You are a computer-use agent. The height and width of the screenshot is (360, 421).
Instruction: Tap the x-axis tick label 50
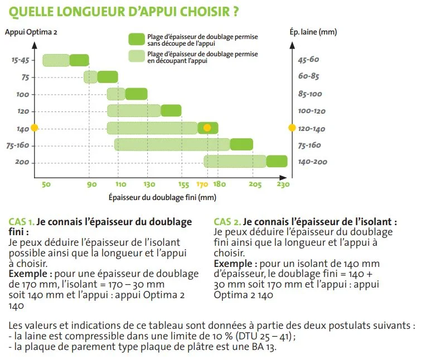coord(46,184)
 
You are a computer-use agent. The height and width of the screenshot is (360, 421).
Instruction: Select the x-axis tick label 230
coord(283,184)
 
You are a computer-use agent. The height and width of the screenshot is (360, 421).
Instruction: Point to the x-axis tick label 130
coord(149,184)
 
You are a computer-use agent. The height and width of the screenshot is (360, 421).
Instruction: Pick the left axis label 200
coord(22,162)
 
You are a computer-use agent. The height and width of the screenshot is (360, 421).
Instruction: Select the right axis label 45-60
coord(308,60)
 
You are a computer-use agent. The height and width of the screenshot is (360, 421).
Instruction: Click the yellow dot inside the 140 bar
coord(207,128)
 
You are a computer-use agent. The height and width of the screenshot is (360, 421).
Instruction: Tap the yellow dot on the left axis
coord(35,128)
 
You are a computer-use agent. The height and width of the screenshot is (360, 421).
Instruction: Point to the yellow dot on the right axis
coord(291,128)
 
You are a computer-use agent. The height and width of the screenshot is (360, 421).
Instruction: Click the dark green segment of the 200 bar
coord(277,162)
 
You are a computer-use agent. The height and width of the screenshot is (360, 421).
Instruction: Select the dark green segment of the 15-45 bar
coord(79,60)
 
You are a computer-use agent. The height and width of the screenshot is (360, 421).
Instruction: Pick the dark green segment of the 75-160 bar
coord(241,145)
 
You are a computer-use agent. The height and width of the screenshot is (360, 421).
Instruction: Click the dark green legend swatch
coord(136,39)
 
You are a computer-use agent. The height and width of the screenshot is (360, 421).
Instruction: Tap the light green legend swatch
coord(136,55)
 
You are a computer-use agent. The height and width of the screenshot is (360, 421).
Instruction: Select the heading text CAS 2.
coord(227,221)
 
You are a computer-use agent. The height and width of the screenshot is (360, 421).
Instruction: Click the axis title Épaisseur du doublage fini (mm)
coord(162,197)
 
